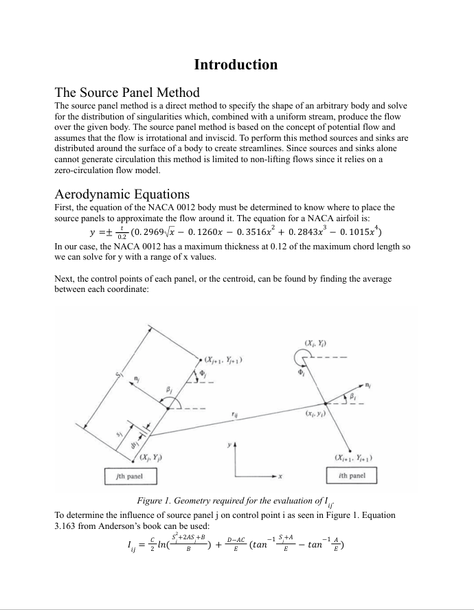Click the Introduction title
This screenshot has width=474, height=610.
point(236,65)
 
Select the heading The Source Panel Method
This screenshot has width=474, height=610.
point(127,93)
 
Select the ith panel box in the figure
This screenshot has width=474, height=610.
point(352,475)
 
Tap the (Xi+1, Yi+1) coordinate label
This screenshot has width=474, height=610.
point(353,458)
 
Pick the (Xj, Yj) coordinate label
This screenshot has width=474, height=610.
point(150,458)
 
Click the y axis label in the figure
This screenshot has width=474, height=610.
point(229,446)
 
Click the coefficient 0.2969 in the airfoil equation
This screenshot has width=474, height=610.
point(153,231)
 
